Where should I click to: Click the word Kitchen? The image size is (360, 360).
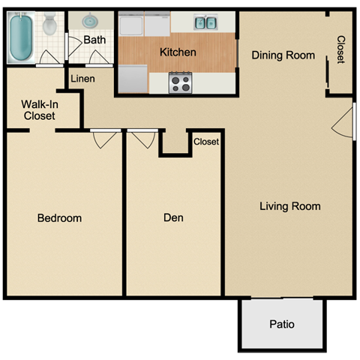pyautogui.click(x=178, y=52)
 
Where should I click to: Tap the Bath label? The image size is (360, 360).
pyautogui.click(x=94, y=40)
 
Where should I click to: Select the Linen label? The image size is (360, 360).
pyautogui.click(x=82, y=78)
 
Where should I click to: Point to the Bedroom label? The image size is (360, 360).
pyautogui.click(x=59, y=218)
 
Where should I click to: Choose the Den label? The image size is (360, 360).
pyautogui.click(x=173, y=218)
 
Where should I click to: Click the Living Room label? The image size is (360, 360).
pyautogui.click(x=289, y=206)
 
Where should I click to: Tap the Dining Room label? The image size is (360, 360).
pyautogui.click(x=283, y=55)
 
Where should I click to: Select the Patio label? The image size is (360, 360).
pyautogui.click(x=281, y=325)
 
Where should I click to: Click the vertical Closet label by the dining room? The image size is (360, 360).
pyautogui.click(x=340, y=50)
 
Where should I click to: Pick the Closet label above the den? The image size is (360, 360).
pyautogui.click(x=206, y=142)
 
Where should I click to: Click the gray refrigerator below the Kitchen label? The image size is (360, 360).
pyautogui.click(x=133, y=78)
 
